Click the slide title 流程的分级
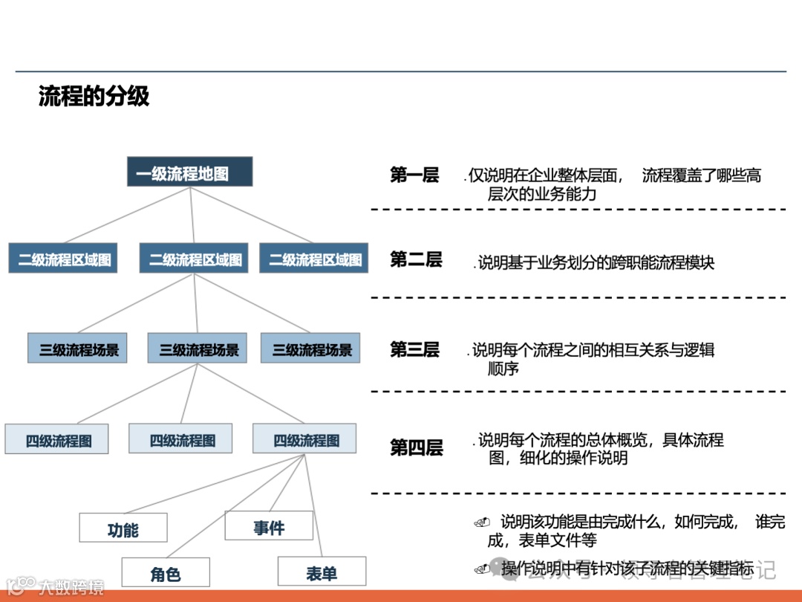(94, 97)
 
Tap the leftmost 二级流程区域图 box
(63, 259)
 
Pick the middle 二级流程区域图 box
(195, 259)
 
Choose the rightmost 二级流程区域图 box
(314, 259)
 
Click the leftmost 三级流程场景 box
(77, 349)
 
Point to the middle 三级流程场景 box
(198, 349)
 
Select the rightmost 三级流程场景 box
(310, 349)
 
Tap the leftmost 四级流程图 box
(57, 439)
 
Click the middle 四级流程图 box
(180, 438)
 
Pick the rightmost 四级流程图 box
(304, 438)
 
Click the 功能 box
(123, 528)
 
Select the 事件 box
(269, 526)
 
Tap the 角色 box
(165, 573)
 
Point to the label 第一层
(414, 175)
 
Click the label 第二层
(416, 259)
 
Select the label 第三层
(414, 349)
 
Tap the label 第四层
(416, 447)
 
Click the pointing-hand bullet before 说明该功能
(482, 522)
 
